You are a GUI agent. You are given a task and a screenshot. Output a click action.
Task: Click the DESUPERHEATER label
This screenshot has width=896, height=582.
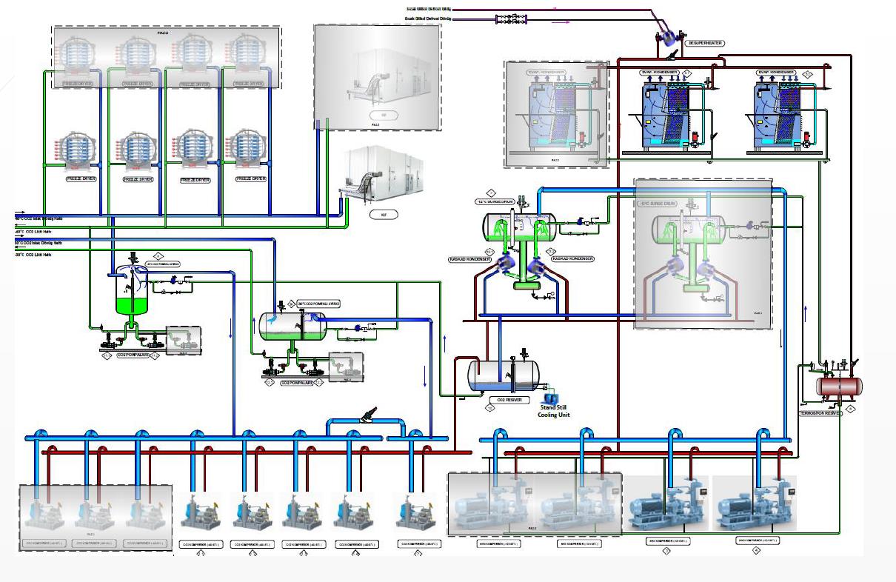click(704, 44)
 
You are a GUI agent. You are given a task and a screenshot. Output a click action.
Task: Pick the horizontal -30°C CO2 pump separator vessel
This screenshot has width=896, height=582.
click(292, 326)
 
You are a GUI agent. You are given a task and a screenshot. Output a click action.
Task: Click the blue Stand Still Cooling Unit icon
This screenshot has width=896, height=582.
click(550, 398)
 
